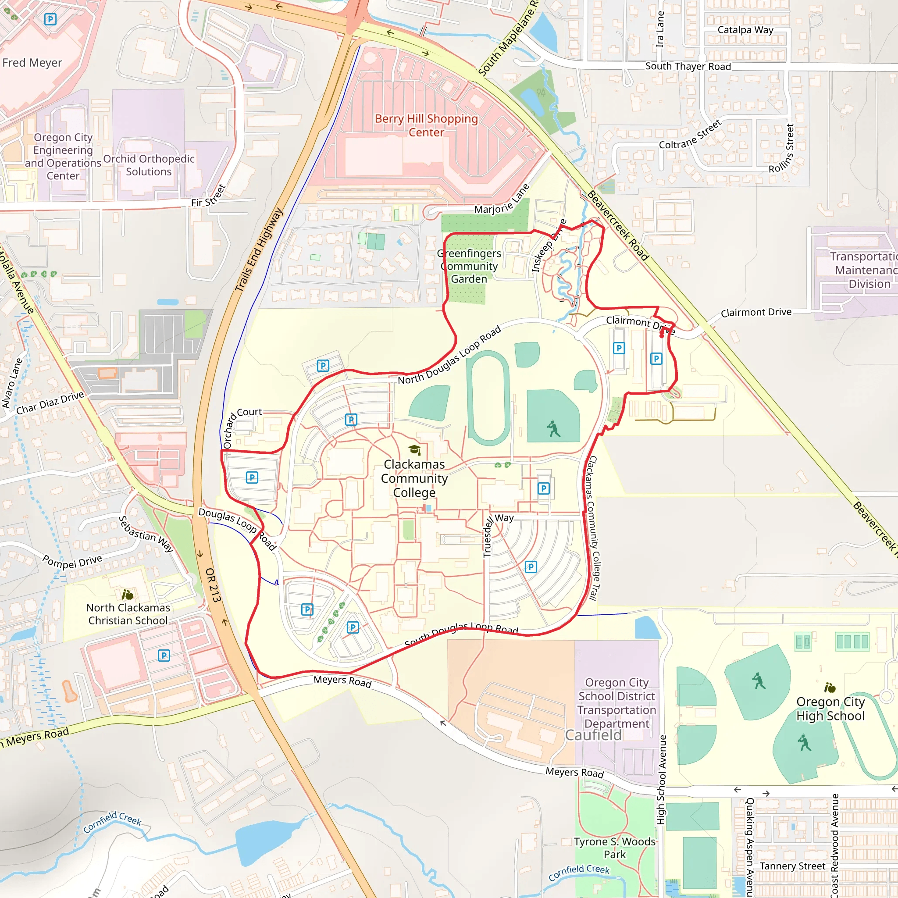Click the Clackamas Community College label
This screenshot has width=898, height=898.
[x=414, y=478]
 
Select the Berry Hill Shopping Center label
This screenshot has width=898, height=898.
[x=426, y=125]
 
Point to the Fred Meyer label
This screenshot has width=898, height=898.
[x=32, y=63]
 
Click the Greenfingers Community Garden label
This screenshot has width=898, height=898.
[x=469, y=266]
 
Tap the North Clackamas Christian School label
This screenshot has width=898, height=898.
[x=128, y=614]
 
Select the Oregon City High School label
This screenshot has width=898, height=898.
[x=830, y=709]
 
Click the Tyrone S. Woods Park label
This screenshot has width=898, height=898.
[x=614, y=848]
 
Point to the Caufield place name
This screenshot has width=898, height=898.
[x=593, y=735]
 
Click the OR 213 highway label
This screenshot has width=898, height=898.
[x=213, y=585]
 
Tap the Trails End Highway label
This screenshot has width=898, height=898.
[x=258, y=249]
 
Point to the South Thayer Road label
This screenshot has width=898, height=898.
[x=688, y=67]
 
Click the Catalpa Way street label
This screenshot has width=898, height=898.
[x=745, y=30]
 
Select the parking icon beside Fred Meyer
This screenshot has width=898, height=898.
[x=50, y=19]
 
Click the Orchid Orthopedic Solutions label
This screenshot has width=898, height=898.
[x=149, y=165]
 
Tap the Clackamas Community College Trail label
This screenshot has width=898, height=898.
[x=593, y=528]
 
